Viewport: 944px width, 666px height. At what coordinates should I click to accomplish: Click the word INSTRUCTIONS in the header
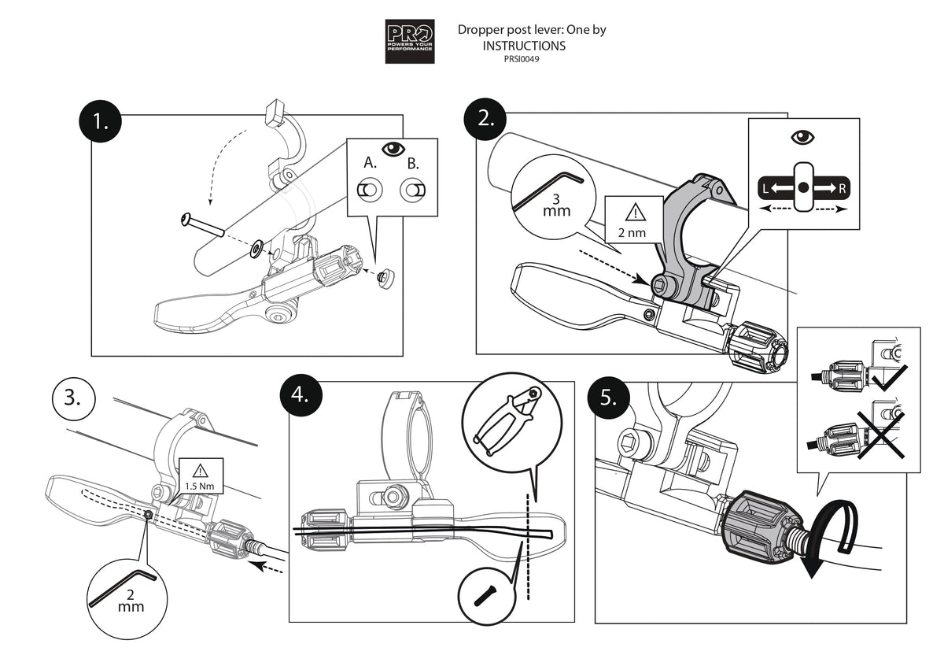pyautogui.click(x=524, y=46)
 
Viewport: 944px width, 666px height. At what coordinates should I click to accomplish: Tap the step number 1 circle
pyautogui.click(x=100, y=123)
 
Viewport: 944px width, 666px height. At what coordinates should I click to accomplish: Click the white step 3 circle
pyautogui.click(x=72, y=398)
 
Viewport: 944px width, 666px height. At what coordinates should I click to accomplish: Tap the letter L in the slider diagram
pyautogui.click(x=763, y=189)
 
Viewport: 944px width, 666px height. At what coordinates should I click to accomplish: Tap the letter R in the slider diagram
pyautogui.click(x=842, y=189)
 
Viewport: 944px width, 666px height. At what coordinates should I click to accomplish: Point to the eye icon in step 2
pyautogui.click(x=802, y=138)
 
